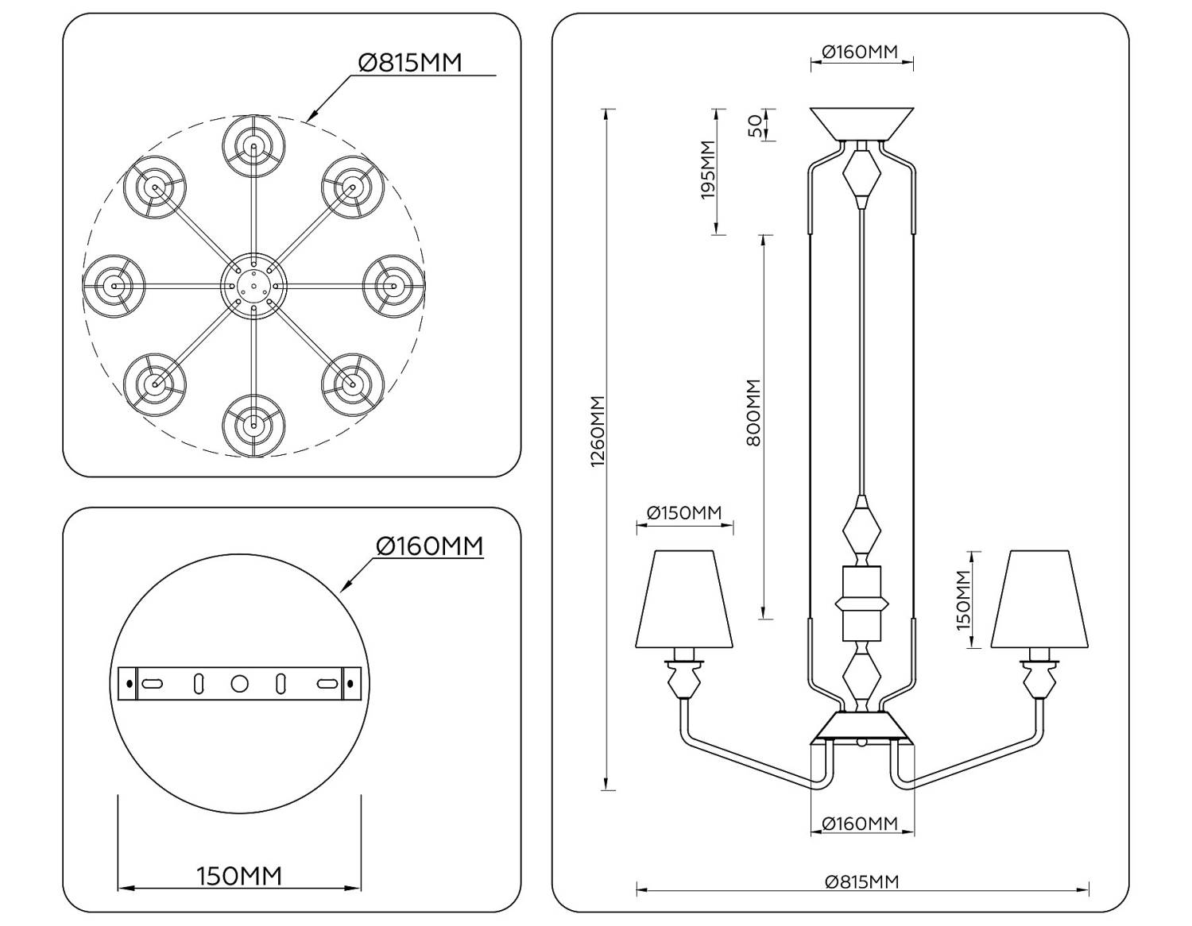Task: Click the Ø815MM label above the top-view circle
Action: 409,62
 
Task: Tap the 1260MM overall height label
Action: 598,431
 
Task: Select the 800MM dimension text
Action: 754,412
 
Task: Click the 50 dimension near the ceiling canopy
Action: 754,125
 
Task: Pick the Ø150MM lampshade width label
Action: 684,513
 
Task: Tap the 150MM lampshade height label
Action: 963,600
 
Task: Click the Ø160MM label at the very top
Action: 860,52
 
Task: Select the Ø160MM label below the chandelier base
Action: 860,824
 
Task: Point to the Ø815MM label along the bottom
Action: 861,882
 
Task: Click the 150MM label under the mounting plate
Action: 239,876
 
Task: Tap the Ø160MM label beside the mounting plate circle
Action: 429,546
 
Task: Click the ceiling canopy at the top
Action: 861,123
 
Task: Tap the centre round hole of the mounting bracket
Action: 239,684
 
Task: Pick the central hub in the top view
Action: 253,286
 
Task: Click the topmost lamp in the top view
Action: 253,146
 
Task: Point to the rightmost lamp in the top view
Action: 393,285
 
